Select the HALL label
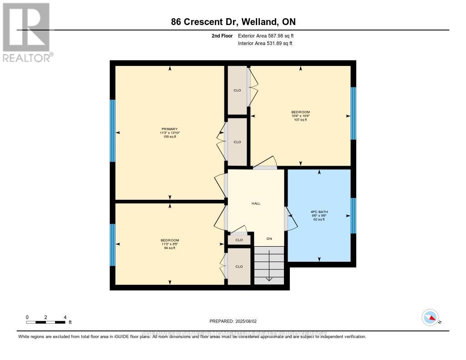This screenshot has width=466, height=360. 256,203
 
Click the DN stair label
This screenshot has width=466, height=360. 269,239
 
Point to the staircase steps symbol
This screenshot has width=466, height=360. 269,265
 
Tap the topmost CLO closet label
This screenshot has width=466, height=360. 237,90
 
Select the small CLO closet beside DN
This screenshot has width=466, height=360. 239,240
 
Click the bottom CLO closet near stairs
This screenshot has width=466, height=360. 239,266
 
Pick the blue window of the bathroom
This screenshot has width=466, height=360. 353,215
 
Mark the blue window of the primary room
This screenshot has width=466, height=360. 113,131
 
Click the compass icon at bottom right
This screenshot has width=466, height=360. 430,317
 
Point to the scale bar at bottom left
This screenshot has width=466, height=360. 46,322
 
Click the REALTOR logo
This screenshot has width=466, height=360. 26,32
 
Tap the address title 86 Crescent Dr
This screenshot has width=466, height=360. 233,22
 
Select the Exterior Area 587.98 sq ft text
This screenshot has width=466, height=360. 269,35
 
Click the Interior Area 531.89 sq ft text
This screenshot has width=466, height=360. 265,44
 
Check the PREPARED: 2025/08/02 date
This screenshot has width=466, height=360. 233,321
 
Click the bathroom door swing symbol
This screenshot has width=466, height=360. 291,218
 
